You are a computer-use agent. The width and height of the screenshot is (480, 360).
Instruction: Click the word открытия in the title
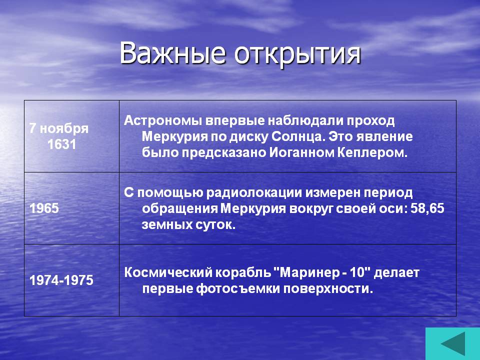pos(298,55)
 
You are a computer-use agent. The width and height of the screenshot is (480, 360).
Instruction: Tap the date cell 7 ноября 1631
pos(59,136)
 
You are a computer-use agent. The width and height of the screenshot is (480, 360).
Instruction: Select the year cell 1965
pos(44,208)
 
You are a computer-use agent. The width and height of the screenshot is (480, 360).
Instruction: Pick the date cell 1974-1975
pos(61,280)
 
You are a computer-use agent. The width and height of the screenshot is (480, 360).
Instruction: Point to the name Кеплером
pos(372,152)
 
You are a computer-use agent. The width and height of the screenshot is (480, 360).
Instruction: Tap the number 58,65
pos(427,208)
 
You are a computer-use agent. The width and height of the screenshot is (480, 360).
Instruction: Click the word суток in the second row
pos(216,224)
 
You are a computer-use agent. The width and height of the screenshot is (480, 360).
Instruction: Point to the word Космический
pos(168,272)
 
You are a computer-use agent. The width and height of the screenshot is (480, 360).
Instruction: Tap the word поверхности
pos(328,289)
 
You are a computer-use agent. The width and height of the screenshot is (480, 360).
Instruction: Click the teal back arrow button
pos(453,344)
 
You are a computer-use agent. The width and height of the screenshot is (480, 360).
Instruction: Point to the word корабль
pos(242,272)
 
